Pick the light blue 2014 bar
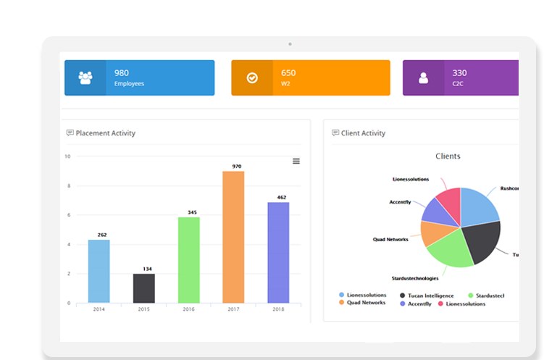pyautogui.click(x=99, y=271)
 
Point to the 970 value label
pyautogui.click(x=236, y=166)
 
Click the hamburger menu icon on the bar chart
pyautogui.click(x=296, y=161)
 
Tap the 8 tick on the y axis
pyautogui.click(x=68, y=185)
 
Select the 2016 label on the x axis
pyautogui.click(x=188, y=309)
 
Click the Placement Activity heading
pyautogui.click(x=105, y=133)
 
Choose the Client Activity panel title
pyautogui.click(x=363, y=133)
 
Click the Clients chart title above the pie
pyautogui.click(x=448, y=156)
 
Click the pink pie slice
pyautogui.click(x=450, y=203)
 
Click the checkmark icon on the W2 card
pyautogui.click(x=252, y=78)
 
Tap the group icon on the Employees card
pyautogui.click(x=85, y=78)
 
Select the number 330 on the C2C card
pyautogui.click(x=459, y=72)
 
